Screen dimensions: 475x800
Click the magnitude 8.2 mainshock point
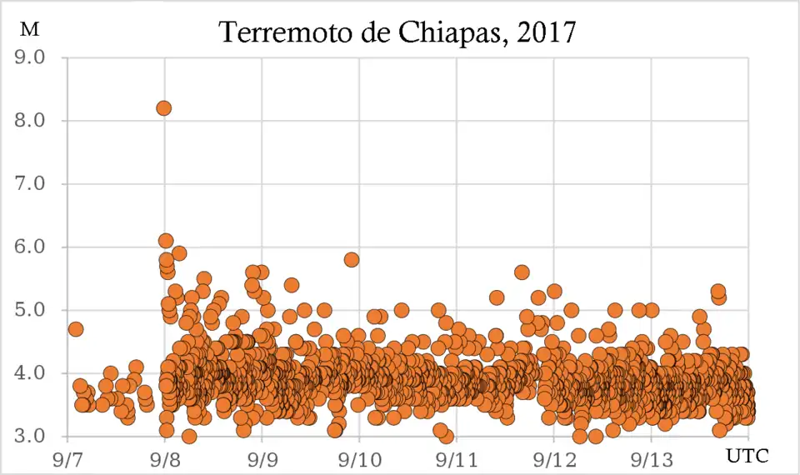point(163,107)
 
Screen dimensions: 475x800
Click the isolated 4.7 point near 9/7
point(75,329)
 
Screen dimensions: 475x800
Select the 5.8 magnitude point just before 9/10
point(352,259)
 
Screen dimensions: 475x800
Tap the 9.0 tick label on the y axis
point(29,57)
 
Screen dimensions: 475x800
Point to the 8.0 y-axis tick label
point(29,121)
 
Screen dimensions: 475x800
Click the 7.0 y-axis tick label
point(29,184)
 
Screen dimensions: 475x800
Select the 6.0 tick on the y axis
point(29,247)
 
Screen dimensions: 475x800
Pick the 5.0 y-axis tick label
point(29,310)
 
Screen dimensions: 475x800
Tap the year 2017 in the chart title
point(547,32)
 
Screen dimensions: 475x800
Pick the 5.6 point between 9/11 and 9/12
point(522,272)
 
